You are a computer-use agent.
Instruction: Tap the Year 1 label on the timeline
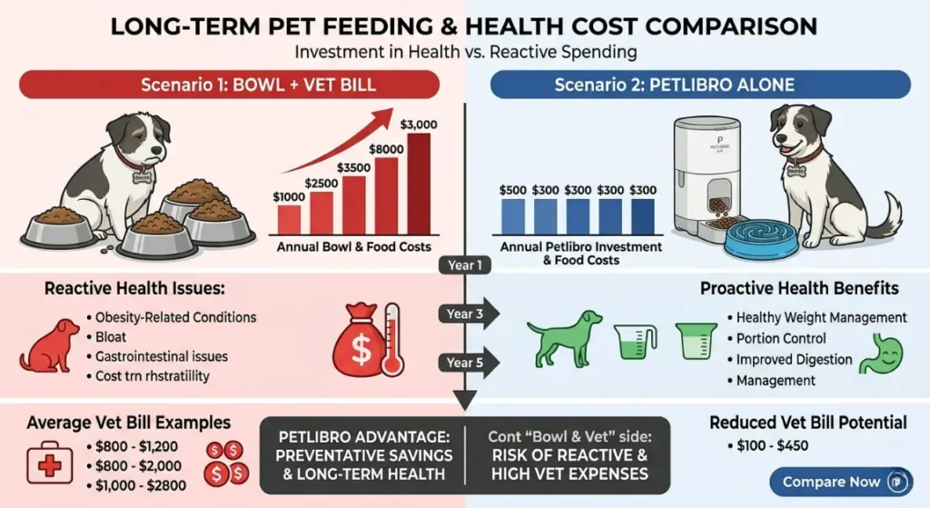463,265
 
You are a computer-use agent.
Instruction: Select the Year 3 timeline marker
465,314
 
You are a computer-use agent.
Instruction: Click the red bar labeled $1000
289,220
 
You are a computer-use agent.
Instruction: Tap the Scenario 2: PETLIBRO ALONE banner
700,85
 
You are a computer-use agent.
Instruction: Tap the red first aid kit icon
45,466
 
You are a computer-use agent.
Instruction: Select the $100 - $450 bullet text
772,446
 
